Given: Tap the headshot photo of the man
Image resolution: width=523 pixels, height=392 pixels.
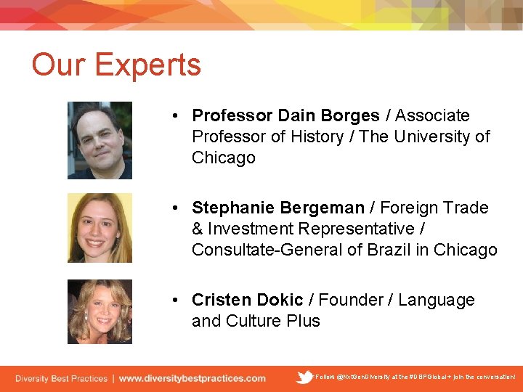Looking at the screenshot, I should point(100,140).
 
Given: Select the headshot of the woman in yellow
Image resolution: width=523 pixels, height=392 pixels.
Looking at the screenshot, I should point(100,228).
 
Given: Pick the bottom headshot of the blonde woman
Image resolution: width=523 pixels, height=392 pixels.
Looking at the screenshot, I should point(100,311).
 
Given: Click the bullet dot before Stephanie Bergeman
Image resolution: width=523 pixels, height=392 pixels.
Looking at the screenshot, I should point(177,208).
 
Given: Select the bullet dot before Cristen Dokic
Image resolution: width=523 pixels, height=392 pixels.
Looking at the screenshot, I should point(177,301).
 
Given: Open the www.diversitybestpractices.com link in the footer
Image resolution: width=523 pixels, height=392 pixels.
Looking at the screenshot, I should point(192,378).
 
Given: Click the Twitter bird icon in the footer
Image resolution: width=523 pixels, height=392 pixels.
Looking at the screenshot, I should point(305,377).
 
